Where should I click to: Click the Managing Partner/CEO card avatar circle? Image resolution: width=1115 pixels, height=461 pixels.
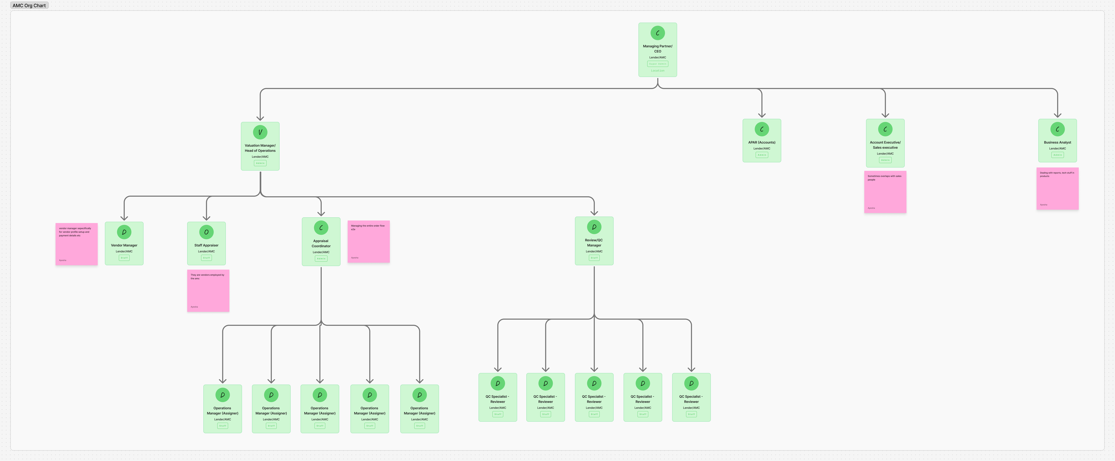[x=658, y=33]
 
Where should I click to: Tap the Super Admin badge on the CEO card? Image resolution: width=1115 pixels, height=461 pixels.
[x=658, y=64]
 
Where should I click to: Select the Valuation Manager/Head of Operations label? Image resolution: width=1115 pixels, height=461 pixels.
[x=260, y=148]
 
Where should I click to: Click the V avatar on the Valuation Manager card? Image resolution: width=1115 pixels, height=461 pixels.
[x=260, y=132]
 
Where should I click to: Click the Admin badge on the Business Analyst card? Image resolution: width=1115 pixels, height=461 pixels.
[x=1057, y=155]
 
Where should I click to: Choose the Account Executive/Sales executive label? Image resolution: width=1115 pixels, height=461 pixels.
[x=885, y=145]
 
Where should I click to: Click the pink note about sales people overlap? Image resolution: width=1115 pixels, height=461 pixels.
[x=885, y=192]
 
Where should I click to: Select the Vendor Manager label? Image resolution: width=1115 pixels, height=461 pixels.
[x=124, y=245]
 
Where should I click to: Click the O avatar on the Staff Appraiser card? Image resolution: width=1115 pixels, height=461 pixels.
[x=206, y=232]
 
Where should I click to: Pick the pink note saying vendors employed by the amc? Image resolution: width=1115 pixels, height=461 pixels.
[x=208, y=290]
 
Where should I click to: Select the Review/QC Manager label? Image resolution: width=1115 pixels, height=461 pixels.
[x=594, y=242]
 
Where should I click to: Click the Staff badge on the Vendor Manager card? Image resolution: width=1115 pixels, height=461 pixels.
[x=124, y=258]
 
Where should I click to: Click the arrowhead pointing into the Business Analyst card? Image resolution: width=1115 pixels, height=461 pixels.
[x=1057, y=115]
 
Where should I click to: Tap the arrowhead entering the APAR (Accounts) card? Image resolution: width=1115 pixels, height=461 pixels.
[x=762, y=115]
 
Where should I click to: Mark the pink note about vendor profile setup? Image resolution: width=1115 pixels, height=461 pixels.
[x=77, y=244]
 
